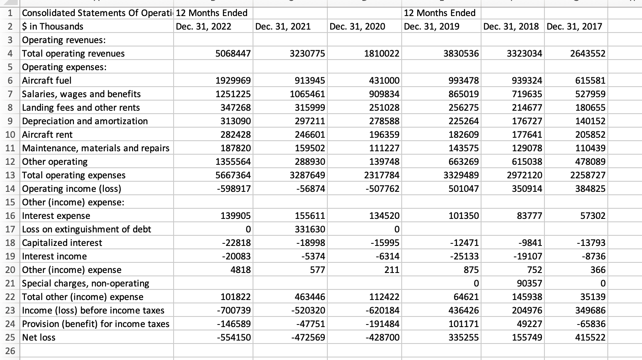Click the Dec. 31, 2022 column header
(204, 26)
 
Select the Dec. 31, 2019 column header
(432, 26)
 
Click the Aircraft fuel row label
(47, 80)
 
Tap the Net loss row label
(39, 337)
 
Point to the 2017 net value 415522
(590, 337)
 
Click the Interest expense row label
(56, 215)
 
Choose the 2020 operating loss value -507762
(382, 188)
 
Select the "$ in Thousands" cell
(53, 26)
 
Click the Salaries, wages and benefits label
(82, 94)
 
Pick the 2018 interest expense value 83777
(529, 215)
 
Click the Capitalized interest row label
(62, 243)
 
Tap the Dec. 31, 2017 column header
(574, 26)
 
